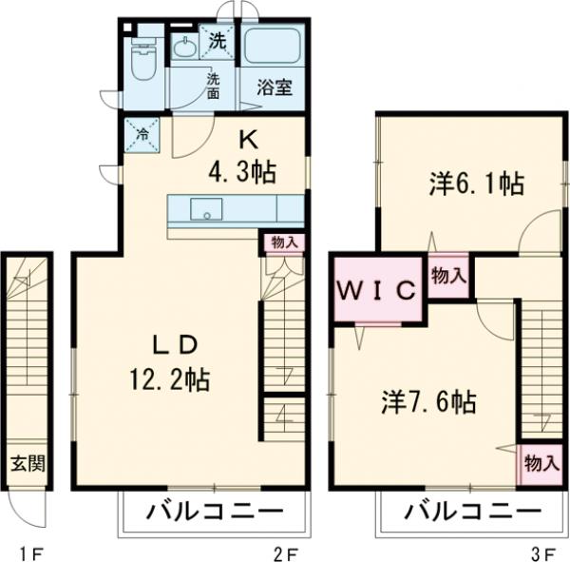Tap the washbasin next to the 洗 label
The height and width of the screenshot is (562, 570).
184,48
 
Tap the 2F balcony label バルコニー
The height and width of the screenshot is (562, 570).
215,512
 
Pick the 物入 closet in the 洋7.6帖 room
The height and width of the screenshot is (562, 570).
540,464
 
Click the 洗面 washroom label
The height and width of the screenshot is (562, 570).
214,85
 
